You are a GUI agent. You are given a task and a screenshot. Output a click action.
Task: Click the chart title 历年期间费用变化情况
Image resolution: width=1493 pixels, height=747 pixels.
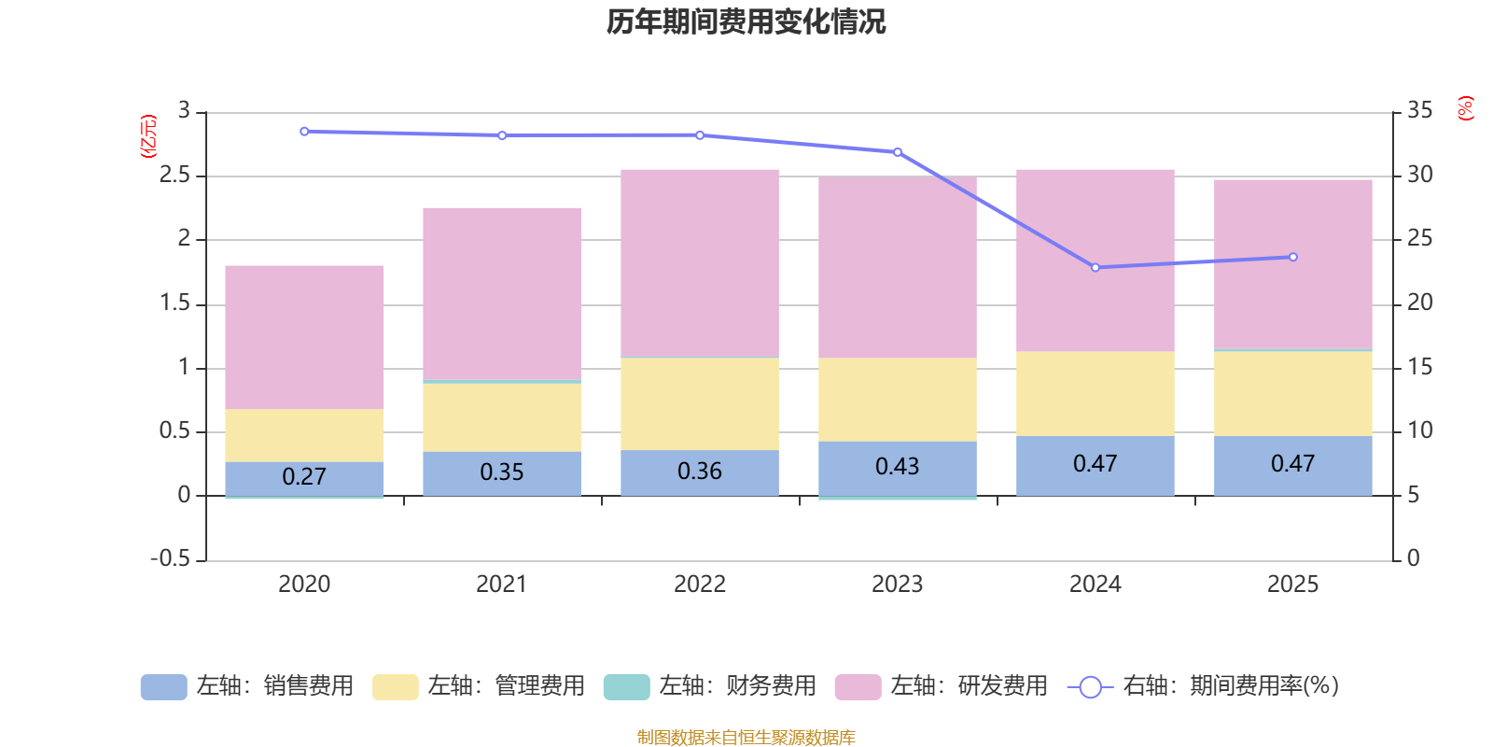coord(746,21)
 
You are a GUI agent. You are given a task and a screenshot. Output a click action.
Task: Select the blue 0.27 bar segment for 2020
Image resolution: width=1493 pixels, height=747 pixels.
coord(304,477)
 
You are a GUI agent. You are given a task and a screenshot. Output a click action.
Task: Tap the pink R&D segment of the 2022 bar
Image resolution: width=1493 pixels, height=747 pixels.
coord(700,261)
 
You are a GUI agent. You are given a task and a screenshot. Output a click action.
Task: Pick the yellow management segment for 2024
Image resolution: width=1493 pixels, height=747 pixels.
coord(1095,393)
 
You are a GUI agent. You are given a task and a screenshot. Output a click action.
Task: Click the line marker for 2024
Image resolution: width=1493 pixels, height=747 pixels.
coord(1095,268)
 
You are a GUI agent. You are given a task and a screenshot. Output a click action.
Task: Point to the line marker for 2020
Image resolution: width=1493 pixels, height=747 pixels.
coord(304,132)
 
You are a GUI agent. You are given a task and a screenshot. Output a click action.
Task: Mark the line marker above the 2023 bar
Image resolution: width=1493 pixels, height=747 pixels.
coord(898,152)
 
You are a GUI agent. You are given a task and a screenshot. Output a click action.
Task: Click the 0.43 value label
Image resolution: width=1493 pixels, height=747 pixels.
coord(897,466)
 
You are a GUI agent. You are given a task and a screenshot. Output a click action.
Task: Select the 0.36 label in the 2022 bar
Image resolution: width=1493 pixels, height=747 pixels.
coord(699,472)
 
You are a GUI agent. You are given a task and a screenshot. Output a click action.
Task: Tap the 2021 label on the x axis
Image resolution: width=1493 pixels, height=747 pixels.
coord(501,585)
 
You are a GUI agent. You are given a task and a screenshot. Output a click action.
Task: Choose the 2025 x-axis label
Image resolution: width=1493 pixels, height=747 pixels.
coord(1292,585)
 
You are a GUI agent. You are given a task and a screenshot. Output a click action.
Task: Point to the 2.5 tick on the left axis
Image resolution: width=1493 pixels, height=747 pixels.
coord(174,176)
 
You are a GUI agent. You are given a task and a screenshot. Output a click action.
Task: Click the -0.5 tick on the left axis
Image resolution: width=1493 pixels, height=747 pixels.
coord(170,558)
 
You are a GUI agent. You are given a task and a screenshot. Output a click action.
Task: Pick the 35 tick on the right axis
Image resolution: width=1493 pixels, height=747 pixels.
coord(1419,111)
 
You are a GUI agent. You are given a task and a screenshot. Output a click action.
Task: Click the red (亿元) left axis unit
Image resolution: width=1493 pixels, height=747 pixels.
coord(148,137)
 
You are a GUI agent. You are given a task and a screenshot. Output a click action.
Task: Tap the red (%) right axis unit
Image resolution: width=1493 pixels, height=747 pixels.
coord(1466,108)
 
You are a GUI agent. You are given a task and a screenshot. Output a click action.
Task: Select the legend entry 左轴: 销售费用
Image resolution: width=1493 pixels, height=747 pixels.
coord(247,686)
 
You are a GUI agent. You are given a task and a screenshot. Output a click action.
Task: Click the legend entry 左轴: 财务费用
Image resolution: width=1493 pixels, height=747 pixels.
coord(710,686)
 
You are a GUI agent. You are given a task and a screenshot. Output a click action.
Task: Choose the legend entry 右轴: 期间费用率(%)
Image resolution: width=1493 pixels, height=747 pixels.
coord(1204,686)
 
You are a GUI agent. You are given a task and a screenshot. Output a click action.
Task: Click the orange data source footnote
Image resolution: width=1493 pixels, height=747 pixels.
coord(746,738)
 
